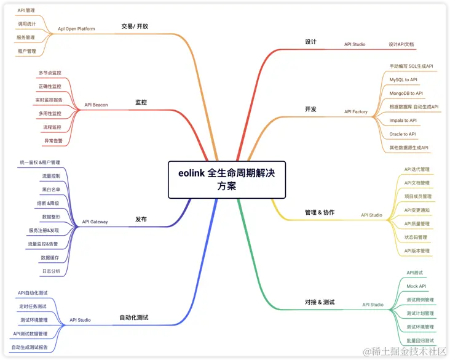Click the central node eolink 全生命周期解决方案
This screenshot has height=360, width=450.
click(227, 179)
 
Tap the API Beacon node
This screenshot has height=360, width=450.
click(96, 105)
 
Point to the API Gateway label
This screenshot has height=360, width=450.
click(95, 222)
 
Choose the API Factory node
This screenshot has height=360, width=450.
click(355, 111)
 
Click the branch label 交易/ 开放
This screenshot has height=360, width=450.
click(135, 26)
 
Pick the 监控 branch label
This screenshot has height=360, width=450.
click(141, 102)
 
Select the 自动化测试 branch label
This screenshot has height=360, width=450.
click(133, 318)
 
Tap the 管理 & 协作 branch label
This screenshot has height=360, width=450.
click(320, 212)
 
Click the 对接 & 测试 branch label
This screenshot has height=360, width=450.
click(320, 302)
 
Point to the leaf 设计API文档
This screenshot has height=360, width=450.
click(401, 44)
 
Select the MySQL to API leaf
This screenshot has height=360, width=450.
click(403, 80)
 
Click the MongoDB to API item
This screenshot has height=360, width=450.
click(406, 94)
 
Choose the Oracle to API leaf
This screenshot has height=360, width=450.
click(403, 134)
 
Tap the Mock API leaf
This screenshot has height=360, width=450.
click(416, 286)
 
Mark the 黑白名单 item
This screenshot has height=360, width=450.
click(51, 189)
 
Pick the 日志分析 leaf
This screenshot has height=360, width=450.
click(51, 271)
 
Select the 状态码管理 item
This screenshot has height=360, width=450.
click(416, 237)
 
